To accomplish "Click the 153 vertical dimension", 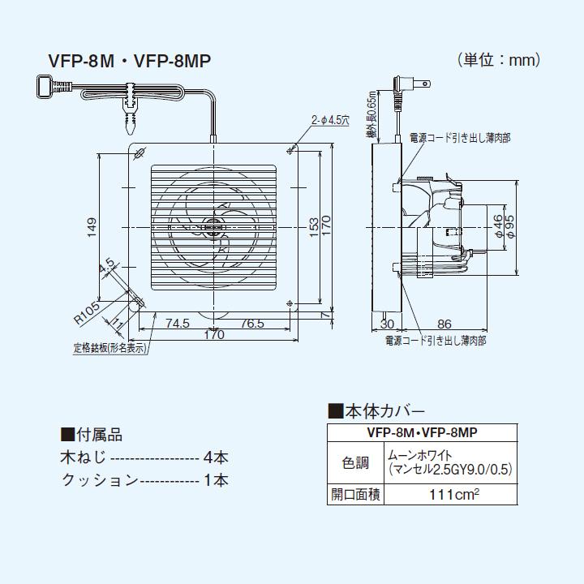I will pyautogui.click(x=314, y=225).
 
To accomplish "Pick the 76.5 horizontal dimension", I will pyautogui.click(x=251, y=322).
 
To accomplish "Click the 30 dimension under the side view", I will pyautogui.click(x=387, y=323).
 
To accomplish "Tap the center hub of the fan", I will pyautogui.click(x=213, y=230).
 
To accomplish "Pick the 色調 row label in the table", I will pyautogui.click(x=355, y=463).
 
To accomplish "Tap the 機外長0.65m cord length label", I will pyautogui.click(x=370, y=117).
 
